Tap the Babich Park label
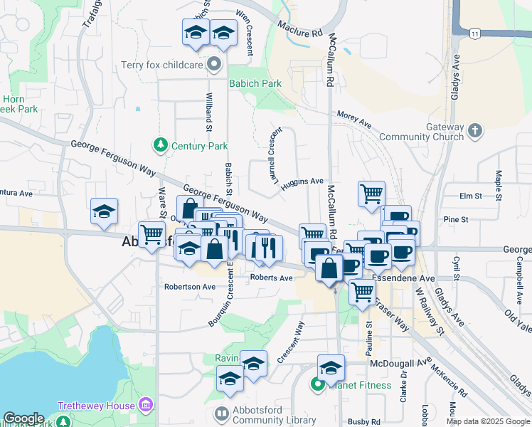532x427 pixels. click(x=255, y=83)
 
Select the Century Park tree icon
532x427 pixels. click(x=161, y=145)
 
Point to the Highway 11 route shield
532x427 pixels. click(x=474, y=33)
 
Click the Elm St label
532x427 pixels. click(x=471, y=195)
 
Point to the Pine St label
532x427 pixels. click(x=452, y=220)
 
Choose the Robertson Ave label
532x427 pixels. click(x=189, y=287)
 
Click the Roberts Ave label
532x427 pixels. click(x=271, y=278)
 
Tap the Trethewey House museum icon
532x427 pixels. click(x=147, y=406)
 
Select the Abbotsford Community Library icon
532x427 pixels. click(x=223, y=413)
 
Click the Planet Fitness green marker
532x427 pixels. click(x=317, y=385)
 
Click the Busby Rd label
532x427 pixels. click(x=366, y=422)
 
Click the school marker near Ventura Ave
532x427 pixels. click(x=104, y=211)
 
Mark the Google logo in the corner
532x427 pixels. click(x=23, y=419)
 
